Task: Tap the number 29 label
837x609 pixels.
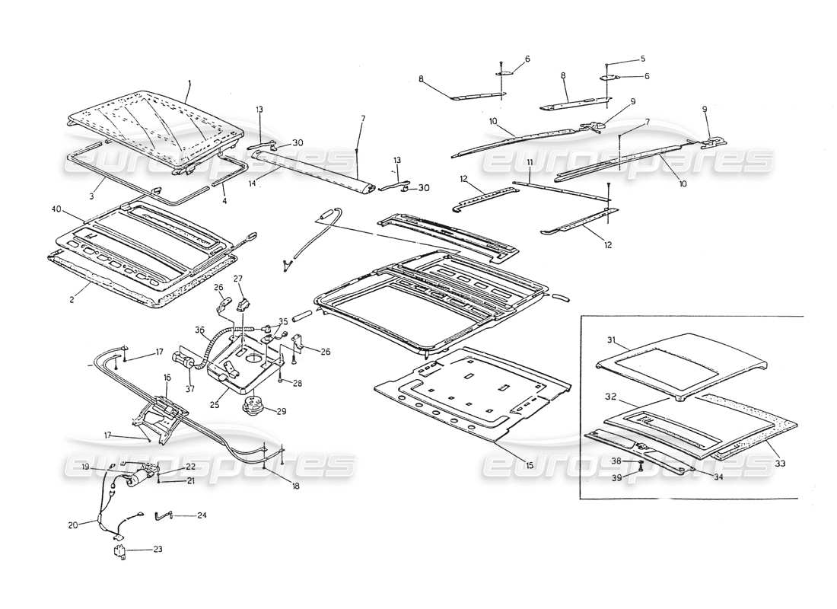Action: (x=282, y=412)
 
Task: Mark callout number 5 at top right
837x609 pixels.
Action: (x=642, y=59)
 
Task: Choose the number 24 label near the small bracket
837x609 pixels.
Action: (x=201, y=515)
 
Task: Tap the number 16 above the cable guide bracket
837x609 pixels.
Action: (x=167, y=378)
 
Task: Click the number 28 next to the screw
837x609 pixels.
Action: (x=298, y=384)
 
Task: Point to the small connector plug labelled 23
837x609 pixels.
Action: (x=119, y=551)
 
